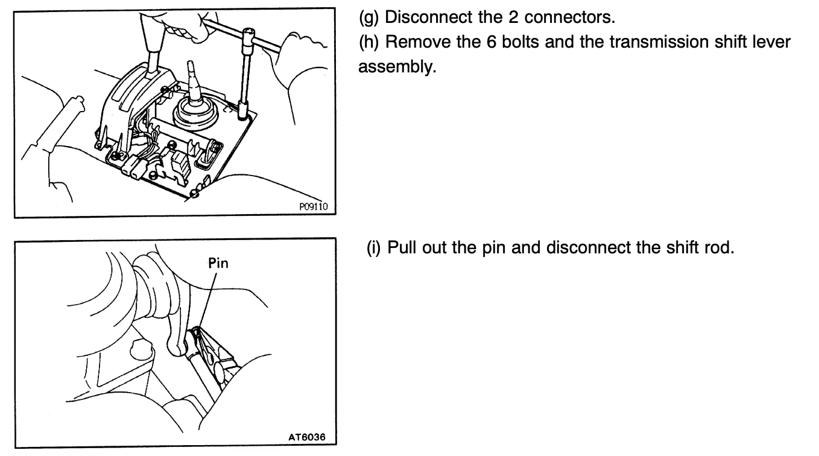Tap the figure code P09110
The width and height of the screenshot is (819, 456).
(313, 207)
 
